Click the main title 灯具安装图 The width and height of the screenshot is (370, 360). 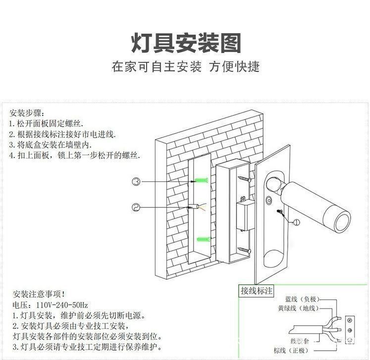tap(186, 44)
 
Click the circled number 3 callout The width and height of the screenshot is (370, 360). tap(136, 182)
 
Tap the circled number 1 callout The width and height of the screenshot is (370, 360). tap(296, 222)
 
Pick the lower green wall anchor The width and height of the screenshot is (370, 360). tap(202, 240)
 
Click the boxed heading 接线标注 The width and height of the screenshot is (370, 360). tap(256, 291)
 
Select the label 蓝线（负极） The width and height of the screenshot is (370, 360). tap(301, 300)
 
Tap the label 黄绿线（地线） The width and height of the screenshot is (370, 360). tap(298, 308)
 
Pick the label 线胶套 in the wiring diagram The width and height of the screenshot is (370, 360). tap(299, 341)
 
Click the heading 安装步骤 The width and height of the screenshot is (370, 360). tap(27, 112)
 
